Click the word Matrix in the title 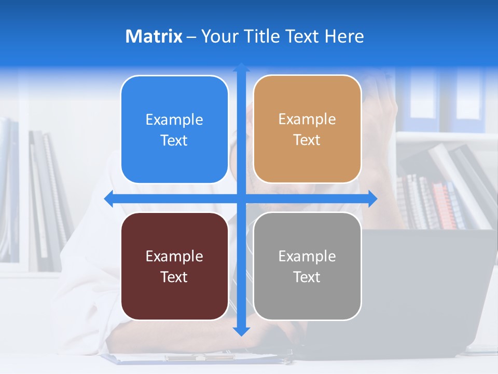154,36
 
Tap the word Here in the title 344,36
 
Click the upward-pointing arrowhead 241,68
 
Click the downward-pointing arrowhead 241,331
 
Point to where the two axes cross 241,198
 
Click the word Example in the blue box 174,120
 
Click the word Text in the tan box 307,140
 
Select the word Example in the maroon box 174,257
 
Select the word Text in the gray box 307,277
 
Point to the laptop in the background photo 425,291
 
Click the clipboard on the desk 197,358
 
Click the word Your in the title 218,36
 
